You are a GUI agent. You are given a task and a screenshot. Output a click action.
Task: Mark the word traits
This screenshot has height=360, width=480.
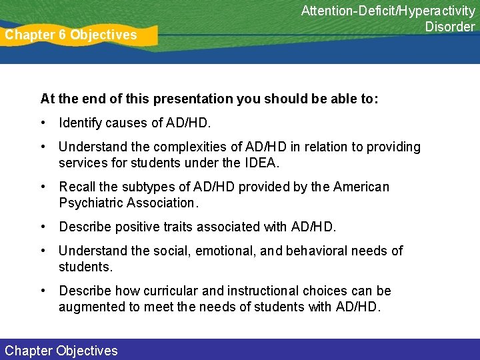176,227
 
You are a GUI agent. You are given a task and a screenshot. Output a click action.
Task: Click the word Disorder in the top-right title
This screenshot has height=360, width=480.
450,27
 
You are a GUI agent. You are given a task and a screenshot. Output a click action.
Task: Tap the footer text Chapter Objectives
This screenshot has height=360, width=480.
61,351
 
